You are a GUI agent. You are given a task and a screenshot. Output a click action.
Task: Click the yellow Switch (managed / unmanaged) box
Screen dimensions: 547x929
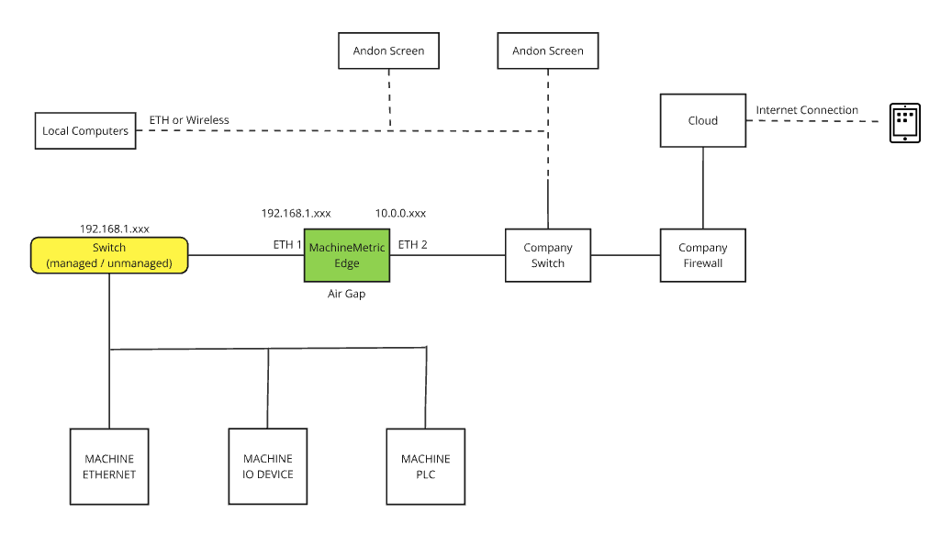(x=109, y=255)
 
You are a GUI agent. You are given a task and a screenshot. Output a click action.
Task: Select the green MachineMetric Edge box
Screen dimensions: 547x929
(x=347, y=255)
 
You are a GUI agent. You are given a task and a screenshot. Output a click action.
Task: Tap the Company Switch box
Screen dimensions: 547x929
(x=548, y=255)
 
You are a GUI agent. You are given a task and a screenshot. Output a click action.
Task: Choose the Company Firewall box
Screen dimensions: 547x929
(x=702, y=255)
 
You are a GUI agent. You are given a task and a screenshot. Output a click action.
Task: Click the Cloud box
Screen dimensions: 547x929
(x=702, y=120)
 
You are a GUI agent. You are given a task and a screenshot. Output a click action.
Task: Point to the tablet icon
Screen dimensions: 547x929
(x=904, y=122)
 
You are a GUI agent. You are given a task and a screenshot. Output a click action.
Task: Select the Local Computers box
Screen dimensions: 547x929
(x=85, y=130)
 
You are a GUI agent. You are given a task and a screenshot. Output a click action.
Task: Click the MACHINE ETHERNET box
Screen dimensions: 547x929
(x=109, y=466)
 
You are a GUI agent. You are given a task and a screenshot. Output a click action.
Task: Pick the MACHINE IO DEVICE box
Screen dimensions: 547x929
(x=268, y=466)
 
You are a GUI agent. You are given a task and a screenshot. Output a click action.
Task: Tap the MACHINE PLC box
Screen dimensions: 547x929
(x=425, y=466)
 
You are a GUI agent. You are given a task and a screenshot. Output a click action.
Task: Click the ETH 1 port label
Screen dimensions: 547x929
(x=287, y=245)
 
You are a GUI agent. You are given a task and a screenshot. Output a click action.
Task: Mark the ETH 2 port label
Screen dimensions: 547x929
(x=412, y=245)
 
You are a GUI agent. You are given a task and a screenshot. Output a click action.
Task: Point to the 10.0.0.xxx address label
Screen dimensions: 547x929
(x=400, y=213)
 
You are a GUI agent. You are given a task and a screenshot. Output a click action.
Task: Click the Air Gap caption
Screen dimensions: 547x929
(x=346, y=295)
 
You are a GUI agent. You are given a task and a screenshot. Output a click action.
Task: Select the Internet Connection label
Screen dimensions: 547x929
(x=807, y=110)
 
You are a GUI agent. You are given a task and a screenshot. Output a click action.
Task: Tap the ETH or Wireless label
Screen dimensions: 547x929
(x=189, y=120)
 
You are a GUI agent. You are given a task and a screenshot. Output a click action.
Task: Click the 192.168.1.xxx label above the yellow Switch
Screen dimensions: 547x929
(x=115, y=229)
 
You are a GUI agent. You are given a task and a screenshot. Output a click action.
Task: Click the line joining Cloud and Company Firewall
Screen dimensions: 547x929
(x=703, y=188)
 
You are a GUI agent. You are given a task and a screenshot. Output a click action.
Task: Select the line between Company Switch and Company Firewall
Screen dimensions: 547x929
(x=625, y=255)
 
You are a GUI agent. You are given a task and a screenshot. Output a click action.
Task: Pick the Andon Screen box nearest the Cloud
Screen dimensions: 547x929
(x=548, y=50)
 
